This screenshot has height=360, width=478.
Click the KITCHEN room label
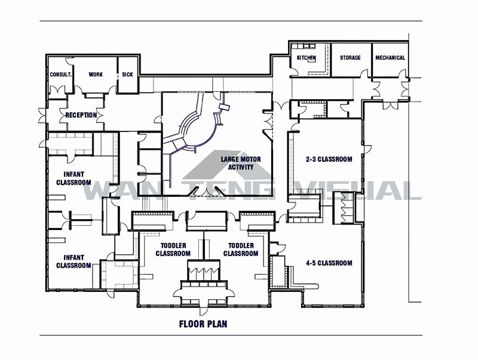tap(307, 58)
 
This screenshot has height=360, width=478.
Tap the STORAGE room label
tap(350, 58)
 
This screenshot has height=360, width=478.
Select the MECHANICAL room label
tap(390, 58)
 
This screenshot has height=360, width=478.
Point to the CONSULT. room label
tap(61, 75)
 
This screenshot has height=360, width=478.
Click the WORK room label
tap(96, 75)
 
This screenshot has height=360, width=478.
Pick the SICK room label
tap(127, 75)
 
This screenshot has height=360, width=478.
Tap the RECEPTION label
tap(81, 115)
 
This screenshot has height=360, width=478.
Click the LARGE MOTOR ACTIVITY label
tap(237, 163)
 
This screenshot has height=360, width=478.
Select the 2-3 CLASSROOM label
tap(329, 159)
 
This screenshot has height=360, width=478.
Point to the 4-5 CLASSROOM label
tap(329, 263)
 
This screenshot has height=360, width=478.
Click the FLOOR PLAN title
tap(203, 325)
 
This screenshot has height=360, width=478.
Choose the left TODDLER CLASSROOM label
tap(173, 250)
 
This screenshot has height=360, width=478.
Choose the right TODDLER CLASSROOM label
tap(240, 250)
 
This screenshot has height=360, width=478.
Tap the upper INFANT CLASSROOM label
tap(73, 179)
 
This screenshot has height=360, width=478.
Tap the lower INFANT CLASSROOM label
tap(73, 261)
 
